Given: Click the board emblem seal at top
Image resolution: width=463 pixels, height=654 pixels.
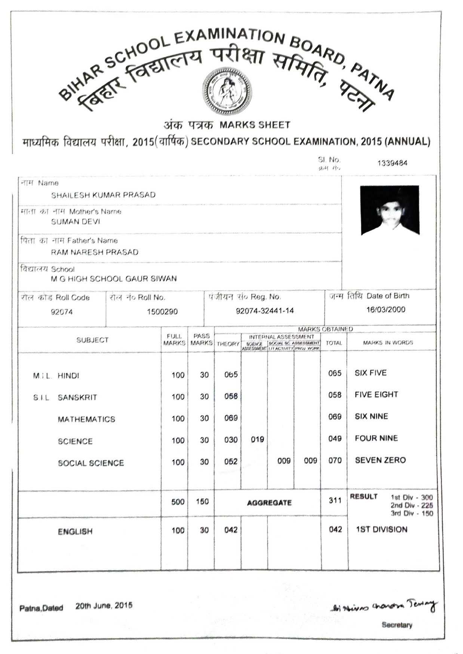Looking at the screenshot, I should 227,91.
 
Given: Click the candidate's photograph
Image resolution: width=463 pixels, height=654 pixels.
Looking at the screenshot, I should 389,210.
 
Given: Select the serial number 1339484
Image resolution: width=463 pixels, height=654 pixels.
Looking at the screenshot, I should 392,163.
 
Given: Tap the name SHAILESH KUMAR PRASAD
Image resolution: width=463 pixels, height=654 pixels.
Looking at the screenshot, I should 103,195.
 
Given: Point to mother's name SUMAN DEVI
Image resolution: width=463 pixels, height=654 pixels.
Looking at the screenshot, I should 76,222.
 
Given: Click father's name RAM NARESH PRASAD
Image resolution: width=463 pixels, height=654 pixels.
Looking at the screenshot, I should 95,252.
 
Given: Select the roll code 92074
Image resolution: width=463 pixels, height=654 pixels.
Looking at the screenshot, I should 62,312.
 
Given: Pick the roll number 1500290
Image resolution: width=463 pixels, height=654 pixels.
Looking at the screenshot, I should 162,311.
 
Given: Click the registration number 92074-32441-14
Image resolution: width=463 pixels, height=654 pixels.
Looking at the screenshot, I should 264,311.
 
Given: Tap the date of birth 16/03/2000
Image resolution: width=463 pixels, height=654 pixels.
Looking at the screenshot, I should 386,309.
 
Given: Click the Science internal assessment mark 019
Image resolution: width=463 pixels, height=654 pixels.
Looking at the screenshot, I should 257,439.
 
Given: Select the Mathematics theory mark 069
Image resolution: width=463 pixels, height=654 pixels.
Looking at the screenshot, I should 231,418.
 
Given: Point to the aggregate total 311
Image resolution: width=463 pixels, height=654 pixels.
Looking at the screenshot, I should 335,500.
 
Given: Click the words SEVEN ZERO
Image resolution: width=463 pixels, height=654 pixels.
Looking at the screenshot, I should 380,460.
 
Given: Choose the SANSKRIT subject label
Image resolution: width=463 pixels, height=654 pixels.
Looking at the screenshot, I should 77,397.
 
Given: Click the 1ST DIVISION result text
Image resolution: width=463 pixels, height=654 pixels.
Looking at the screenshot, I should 381,529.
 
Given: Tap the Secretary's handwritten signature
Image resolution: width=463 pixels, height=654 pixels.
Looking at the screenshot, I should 384,606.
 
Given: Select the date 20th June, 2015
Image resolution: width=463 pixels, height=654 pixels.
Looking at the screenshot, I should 104,605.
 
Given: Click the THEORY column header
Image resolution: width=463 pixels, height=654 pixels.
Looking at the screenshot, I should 228,344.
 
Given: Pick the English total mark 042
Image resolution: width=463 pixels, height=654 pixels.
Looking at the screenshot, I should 335,529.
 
